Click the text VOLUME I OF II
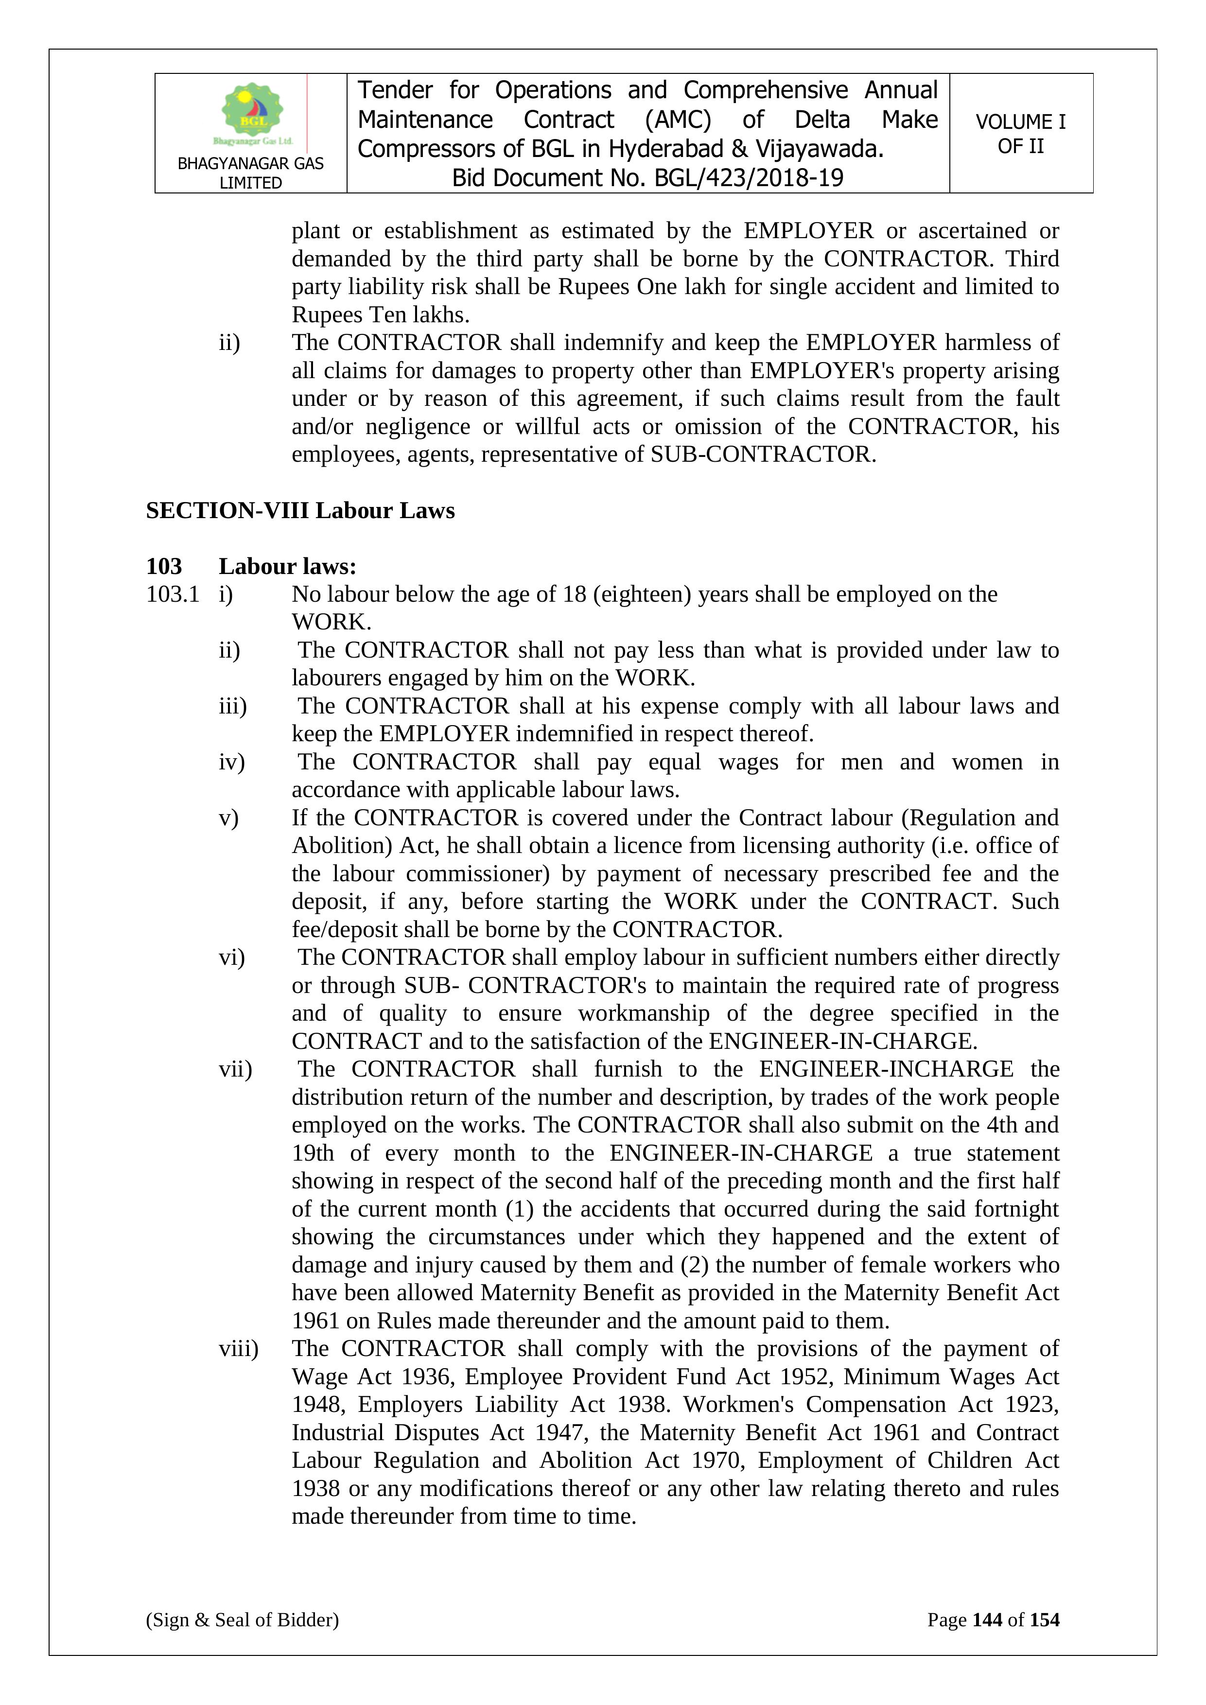(1020, 134)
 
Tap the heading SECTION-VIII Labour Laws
(300, 511)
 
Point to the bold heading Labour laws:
(287, 567)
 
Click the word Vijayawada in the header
(819, 149)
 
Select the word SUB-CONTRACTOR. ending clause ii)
(763, 454)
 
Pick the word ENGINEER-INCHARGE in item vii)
(886, 1069)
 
